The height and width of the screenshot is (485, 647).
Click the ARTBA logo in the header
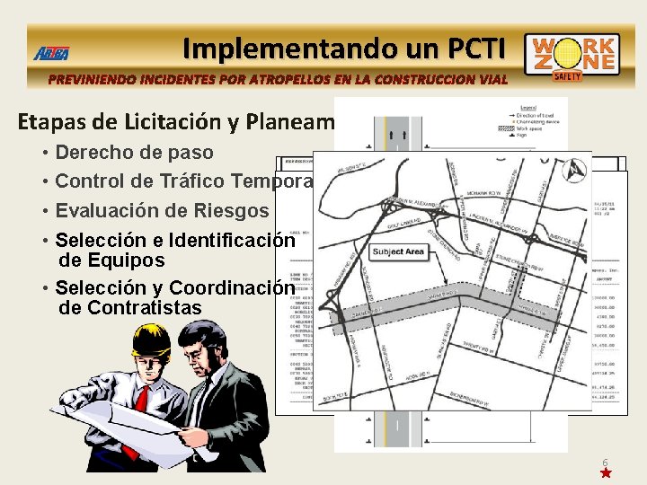click(x=51, y=53)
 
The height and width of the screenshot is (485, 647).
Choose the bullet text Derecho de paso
click(x=134, y=152)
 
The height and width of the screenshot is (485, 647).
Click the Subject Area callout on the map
click(x=397, y=251)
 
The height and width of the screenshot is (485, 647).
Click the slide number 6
click(x=605, y=463)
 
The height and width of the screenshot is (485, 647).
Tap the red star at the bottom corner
click(x=606, y=472)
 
